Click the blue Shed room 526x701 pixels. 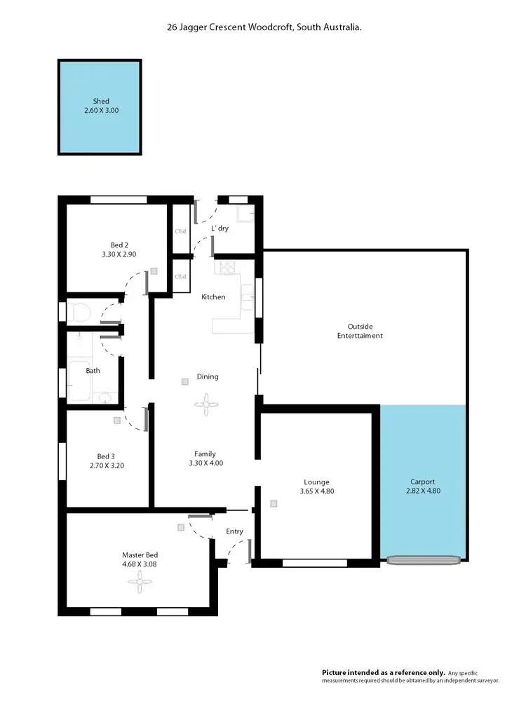[x=100, y=107]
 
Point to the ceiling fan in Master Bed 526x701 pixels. [x=144, y=578]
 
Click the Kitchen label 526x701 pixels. [x=213, y=297]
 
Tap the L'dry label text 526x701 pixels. [x=220, y=229]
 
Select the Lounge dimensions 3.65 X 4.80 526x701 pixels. [x=316, y=491]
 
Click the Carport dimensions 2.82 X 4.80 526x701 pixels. [x=423, y=491]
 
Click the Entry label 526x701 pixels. [x=234, y=531]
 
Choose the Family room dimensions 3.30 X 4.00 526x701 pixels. [x=205, y=463]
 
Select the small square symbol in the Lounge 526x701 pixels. [x=273, y=503]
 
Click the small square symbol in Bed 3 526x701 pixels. [x=117, y=421]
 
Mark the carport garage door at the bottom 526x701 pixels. [x=424, y=559]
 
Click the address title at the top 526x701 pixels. [x=263, y=27]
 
